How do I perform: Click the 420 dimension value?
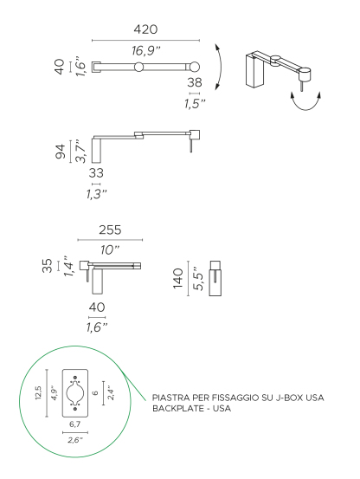coord(145,29)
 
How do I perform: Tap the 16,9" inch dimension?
coord(146,50)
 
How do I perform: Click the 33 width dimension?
coord(96,172)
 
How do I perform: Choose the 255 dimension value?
coord(109,230)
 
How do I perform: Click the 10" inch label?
coord(111,249)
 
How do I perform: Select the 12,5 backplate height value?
coord(37,395)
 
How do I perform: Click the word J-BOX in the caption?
coord(277,398)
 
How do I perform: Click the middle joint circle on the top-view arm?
coord(138,67)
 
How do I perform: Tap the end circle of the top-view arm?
coord(196,67)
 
